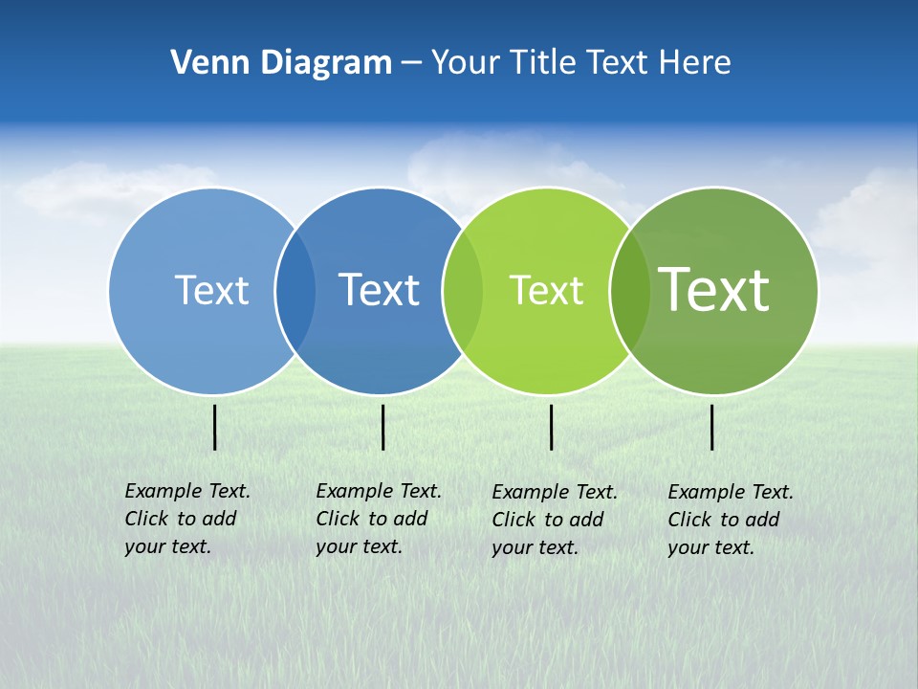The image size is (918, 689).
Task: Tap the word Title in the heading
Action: coord(542,63)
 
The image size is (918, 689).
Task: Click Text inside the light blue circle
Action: coord(211,290)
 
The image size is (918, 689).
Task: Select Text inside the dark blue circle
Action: coord(379,290)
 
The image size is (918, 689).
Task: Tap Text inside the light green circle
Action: coord(546,290)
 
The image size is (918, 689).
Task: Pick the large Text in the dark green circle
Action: coord(713,289)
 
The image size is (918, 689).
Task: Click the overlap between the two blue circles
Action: coord(295,290)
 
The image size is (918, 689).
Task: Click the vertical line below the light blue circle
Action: coord(214,427)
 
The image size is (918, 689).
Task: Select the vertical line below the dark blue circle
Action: coord(382,427)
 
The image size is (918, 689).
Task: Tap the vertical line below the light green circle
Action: coord(551,427)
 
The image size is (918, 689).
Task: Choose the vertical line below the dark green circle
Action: coord(711,427)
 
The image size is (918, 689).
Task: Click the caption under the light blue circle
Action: coord(187,519)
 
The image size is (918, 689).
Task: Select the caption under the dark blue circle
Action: coord(379,519)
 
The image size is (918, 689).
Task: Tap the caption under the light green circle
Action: coord(555,520)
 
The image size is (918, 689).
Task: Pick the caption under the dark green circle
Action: coord(731,520)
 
